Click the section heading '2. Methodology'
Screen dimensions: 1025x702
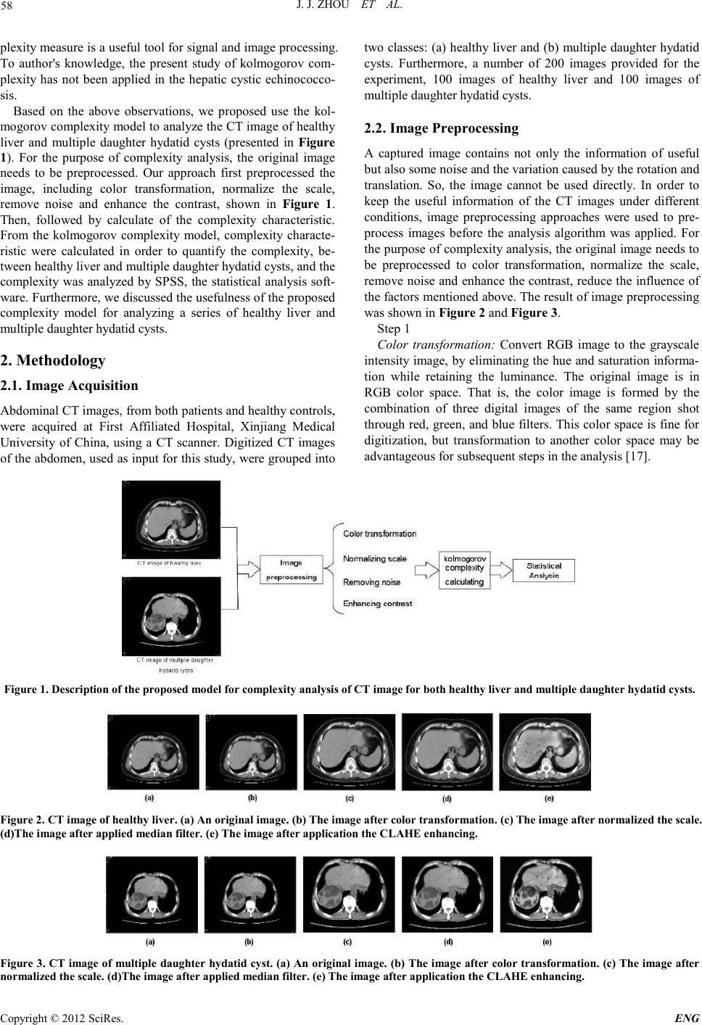[54, 360]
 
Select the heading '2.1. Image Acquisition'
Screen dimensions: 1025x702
[70, 386]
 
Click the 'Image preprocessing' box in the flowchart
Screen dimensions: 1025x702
[292, 569]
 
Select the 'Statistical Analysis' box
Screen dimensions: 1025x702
[544, 570]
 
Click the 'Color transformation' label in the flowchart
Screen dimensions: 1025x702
[379, 534]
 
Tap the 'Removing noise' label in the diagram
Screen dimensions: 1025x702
[371, 582]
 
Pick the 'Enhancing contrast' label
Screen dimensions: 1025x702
[377, 603]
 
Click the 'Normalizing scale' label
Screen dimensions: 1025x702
[375, 559]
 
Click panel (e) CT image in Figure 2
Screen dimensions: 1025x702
[545, 752]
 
